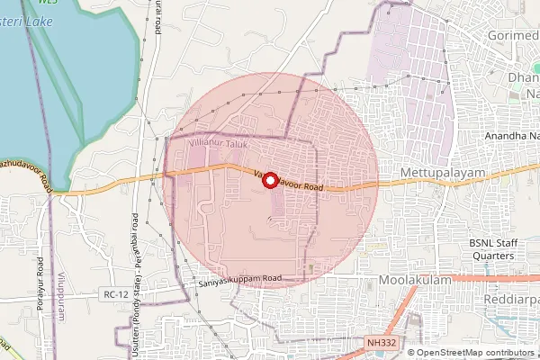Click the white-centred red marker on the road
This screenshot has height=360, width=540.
270,180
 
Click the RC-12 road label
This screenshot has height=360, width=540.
115,294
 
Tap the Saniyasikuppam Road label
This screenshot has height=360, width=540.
240,280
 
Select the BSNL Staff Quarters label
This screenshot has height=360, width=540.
491,249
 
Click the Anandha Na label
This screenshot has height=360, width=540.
511,135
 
